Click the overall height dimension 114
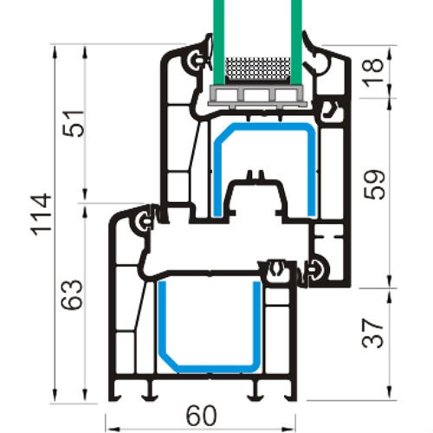[43, 220]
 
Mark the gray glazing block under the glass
[257, 94]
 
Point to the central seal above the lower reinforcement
[277, 269]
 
